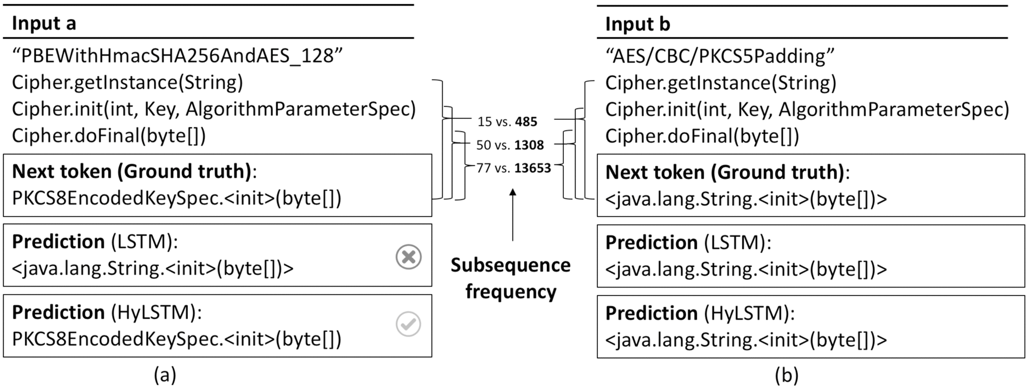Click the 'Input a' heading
pos(44,24)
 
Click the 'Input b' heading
pos(637,24)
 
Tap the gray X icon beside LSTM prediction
pos(409,257)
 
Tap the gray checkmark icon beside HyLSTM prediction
pos(409,324)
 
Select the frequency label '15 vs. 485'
pos(507,122)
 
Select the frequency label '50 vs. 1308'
pos(509,145)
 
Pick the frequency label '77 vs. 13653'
pos(513,168)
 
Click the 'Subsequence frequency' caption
pos(510,278)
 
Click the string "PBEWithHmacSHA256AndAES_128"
pos(177,55)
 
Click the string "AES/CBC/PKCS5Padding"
pos(720,55)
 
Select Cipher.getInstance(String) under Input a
pos(127,82)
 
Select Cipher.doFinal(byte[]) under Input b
pos(702,136)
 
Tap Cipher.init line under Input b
pos(807,109)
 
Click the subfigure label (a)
pos(165,375)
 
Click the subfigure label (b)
pos(786,376)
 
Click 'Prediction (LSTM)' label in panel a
pos(95,242)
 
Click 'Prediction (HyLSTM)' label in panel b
pos(700,313)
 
